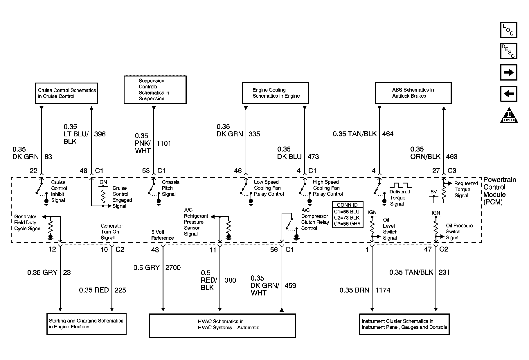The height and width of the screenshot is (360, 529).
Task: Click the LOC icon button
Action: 509,30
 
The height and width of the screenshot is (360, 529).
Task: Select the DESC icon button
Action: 509,51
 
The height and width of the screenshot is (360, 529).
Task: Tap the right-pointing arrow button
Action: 509,72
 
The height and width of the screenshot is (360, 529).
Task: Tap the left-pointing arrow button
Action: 509,94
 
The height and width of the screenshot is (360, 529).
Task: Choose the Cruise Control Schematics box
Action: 66,93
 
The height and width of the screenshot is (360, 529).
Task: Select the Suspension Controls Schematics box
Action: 155,90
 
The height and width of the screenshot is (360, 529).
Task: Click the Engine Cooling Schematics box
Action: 275,93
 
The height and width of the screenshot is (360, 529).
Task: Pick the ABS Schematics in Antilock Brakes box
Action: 413,93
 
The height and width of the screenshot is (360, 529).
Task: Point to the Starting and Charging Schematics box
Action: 86,324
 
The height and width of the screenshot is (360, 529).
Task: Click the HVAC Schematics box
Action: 222,325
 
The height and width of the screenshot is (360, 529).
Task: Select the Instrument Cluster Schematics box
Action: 404,324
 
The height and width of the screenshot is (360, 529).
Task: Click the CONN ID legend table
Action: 347,215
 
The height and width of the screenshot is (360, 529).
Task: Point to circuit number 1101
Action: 164,143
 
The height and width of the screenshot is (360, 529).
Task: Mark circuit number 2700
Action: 173,268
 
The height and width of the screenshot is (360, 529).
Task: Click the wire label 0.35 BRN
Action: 355,290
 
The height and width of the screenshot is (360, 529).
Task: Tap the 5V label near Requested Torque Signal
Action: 433,192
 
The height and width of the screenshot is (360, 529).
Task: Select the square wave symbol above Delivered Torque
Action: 401,185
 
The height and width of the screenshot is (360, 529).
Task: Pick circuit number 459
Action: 290,286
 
